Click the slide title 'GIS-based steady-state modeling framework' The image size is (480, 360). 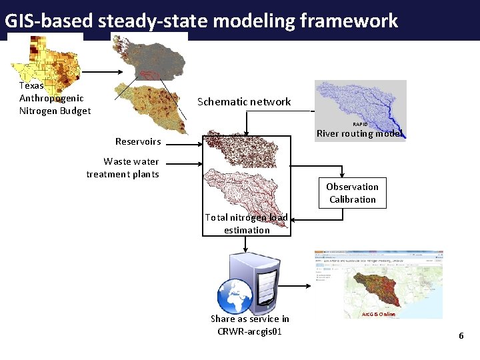[201, 21]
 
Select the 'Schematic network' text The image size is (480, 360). [244, 102]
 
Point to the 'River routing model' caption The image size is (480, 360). [359, 133]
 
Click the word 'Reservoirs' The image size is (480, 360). [138, 141]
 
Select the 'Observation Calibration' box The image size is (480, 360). [352, 193]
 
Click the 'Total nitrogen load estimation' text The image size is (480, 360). [247, 223]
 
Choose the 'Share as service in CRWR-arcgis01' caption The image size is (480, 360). [249, 325]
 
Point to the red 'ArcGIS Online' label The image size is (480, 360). [378, 314]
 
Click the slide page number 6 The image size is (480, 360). [461, 335]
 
